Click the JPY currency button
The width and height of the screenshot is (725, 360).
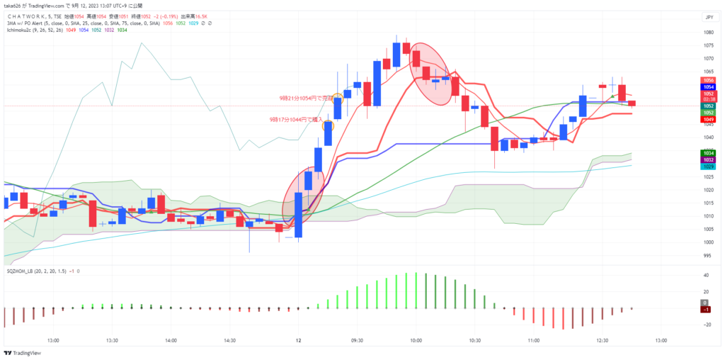709,17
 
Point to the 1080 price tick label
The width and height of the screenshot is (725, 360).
708,33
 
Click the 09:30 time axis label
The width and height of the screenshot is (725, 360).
357,340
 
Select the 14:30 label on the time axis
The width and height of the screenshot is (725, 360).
229,340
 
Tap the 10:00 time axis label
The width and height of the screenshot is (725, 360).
416,340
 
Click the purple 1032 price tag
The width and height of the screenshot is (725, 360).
708,160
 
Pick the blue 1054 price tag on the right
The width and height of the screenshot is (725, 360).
708,86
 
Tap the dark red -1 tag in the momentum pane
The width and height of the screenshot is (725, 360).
708,309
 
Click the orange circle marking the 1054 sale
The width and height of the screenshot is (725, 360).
338,98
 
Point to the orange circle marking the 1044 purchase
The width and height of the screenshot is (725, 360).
328,125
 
